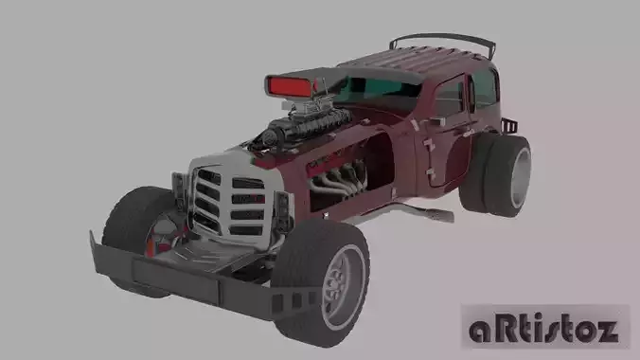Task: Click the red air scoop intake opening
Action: coord(292,86)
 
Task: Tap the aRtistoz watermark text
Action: coord(544,329)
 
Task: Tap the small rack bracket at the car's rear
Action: coord(509,126)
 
